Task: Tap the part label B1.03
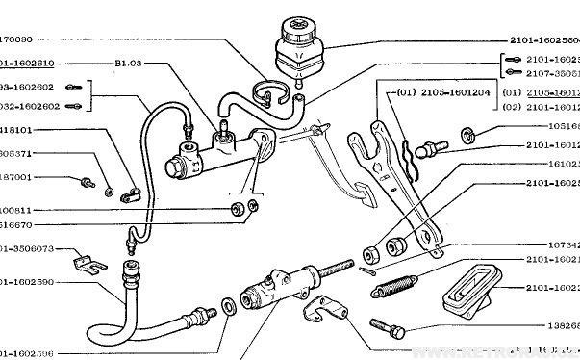[x=128, y=64]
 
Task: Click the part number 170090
[x=16, y=40]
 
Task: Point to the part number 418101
[x=15, y=127]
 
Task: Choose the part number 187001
[x=15, y=177]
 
